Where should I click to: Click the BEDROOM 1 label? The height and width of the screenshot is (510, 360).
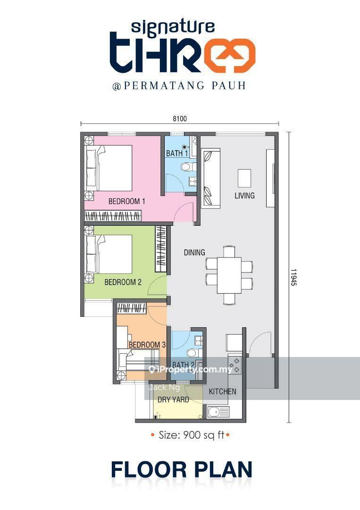[127, 201]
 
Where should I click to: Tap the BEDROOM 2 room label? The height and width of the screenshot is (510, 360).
[123, 282]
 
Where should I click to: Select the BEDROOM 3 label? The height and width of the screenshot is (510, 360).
[147, 344]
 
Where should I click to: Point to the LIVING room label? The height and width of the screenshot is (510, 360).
[244, 195]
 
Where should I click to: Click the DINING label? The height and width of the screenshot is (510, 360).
[194, 252]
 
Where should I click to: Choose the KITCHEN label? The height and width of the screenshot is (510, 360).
[223, 391]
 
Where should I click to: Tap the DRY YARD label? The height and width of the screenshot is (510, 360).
[173, 400]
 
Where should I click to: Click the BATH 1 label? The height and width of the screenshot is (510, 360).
[177, 153]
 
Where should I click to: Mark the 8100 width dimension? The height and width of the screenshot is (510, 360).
[180, 119]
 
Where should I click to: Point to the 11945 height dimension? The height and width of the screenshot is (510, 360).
[293, 277]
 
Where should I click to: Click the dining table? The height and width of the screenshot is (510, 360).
[229, 275]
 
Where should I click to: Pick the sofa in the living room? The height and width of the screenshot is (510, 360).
[211, 178]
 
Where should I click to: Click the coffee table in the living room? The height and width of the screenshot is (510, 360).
[244, 178]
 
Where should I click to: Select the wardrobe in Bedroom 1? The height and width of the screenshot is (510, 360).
[113, 216]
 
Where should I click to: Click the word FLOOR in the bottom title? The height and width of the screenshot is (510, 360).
[149, 470]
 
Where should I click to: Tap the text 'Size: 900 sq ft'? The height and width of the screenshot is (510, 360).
[192, 435]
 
